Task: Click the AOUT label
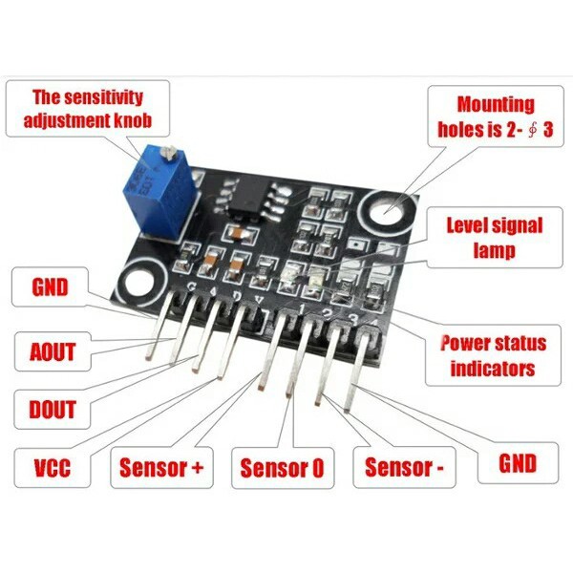(53, 351)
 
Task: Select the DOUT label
(53, 409)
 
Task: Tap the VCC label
(53, 467)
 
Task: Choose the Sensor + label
(161, 467)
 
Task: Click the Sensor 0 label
(282, 467)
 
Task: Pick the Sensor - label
(404, 467)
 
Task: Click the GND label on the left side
(50, 286)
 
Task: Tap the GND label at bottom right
(518, 463)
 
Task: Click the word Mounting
(496, 104)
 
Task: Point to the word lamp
(495, 250)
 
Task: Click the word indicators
(493, 369)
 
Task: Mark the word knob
(133, 120)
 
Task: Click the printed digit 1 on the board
(301, 309)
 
